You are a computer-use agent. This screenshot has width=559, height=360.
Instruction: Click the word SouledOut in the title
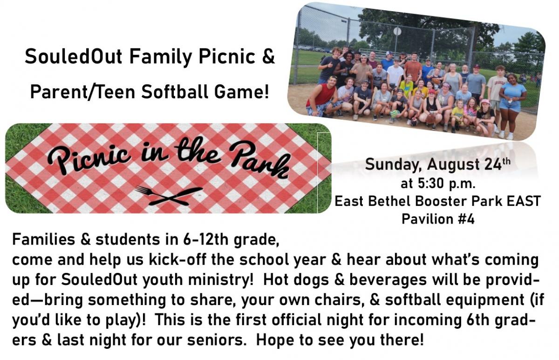(x=74, y=56)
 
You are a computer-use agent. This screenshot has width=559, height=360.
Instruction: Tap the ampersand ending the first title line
(x=268, y=56)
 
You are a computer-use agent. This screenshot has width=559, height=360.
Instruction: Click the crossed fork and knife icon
(x=169, y=197)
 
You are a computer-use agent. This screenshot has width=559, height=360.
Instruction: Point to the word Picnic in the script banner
(x=89, y=156)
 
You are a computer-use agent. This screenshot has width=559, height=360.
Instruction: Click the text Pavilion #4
(x=438, y=219)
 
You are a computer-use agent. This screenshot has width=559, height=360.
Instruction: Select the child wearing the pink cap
(x=485, y=115)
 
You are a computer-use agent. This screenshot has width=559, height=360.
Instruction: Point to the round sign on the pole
(x=397, y=31)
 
